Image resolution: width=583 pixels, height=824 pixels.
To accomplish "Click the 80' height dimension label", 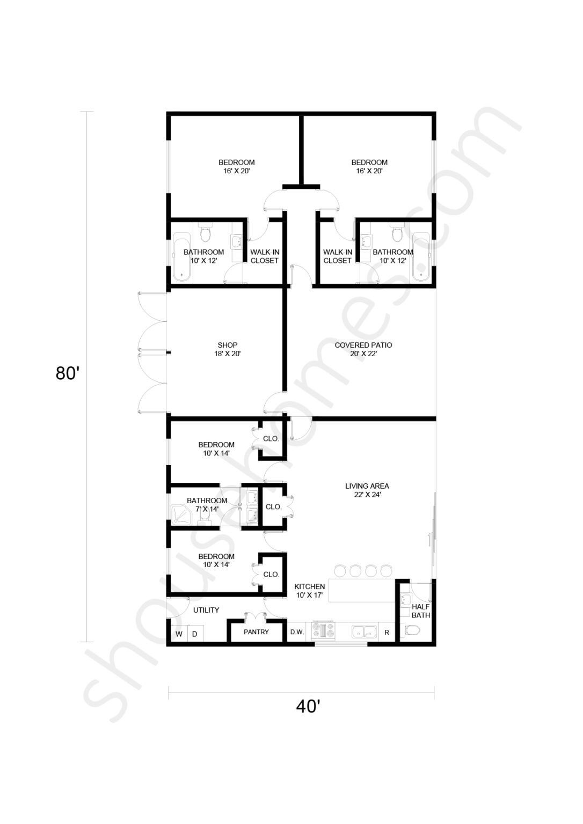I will click(x=68, y=373).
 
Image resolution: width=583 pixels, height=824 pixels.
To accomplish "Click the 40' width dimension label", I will click(x=308, y=707).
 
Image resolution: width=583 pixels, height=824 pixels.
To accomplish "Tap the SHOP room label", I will click(x=228, y=349).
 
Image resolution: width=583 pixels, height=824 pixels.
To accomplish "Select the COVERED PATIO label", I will click(x=363, y=349).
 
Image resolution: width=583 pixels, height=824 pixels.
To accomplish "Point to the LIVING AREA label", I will click(x=367, y=490).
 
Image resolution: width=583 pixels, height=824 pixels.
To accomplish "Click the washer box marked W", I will click(x=179, y=634).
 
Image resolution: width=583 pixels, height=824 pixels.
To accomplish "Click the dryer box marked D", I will click(x=195, y=634).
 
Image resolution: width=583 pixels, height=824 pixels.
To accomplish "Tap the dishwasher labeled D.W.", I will click(x=297, y=632).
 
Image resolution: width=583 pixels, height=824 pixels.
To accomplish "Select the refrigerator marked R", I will click(x=387, y=632).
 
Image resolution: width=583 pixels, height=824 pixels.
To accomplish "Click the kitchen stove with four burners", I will click(x=324, y=631).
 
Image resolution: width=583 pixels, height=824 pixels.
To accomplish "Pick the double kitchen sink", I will click(x=364, y=631).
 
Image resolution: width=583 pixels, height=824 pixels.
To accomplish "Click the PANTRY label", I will click(x=256, y=632).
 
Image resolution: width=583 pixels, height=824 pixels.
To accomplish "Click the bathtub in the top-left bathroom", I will click(x=181, y=256).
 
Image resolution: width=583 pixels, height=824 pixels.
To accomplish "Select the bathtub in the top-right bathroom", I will click(x=421, y=256).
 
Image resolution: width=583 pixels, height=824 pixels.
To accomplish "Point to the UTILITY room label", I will click(x=206, y=610).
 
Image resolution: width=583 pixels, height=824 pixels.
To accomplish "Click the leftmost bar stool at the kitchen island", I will click(x=340, y=570).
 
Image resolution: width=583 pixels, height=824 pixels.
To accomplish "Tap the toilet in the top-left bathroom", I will click(x=205, y=234).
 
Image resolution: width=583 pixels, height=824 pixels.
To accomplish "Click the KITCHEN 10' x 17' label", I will click(x=310, y=591).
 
